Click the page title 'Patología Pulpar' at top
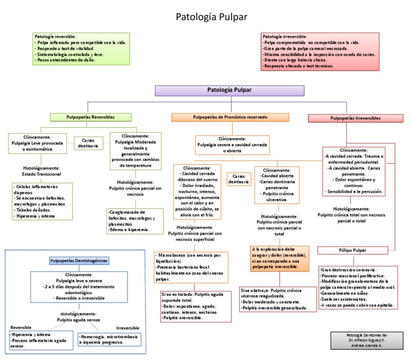(211, 17)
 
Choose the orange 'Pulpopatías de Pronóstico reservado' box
(230, 117)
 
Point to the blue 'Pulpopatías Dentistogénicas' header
(79, 261)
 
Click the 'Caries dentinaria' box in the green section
(88, 143)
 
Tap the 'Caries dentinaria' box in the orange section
(239, 179)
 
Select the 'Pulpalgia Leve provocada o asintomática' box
(37, 143)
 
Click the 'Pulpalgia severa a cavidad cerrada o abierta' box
(232, 144)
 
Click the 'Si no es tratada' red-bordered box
(195, 306)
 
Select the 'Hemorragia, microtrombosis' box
(110, 340)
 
